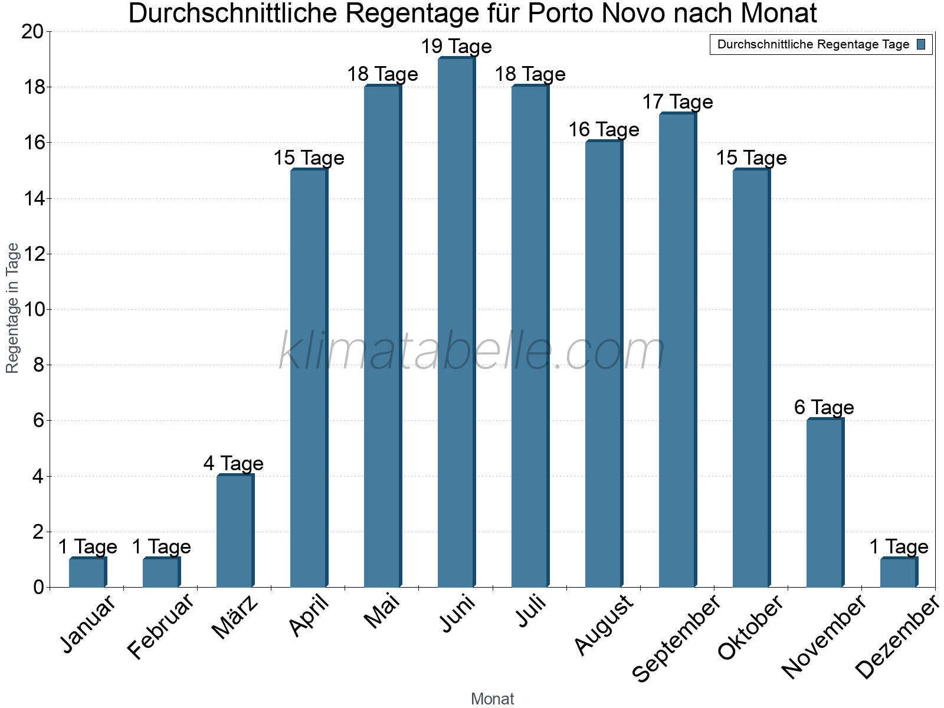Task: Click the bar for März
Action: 234,531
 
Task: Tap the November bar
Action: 824,503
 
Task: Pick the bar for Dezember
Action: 898,572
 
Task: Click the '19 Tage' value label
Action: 456,46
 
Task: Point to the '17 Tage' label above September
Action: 677,102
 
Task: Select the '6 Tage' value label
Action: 824,407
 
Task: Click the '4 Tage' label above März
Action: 233,463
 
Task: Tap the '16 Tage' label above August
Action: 604,130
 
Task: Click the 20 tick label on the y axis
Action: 32,32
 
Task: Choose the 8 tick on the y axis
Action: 38,365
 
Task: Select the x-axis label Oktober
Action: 750,627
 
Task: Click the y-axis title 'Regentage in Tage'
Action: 12,308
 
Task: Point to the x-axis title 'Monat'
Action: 492,699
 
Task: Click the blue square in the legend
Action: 921,44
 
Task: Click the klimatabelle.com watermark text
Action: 472,352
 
